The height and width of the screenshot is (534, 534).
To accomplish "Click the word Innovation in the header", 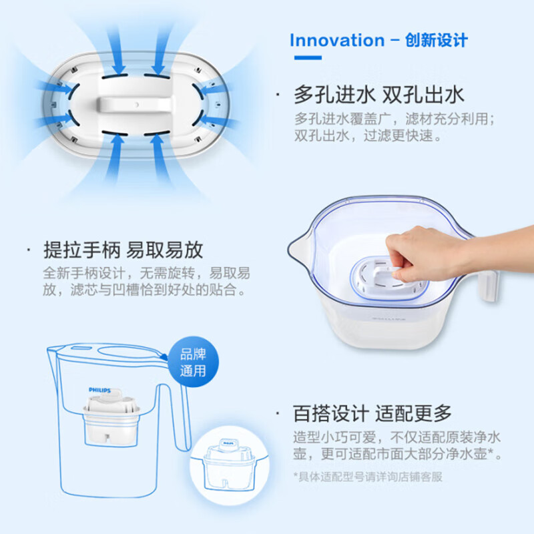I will point(337,40).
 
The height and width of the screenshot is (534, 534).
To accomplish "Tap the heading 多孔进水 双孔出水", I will point(378,95).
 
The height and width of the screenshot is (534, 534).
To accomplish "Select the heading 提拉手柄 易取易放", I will point(122,250).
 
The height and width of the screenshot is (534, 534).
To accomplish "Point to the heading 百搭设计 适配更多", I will point(372,413).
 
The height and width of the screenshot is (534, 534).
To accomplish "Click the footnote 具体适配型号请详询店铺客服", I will point(368,477).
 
